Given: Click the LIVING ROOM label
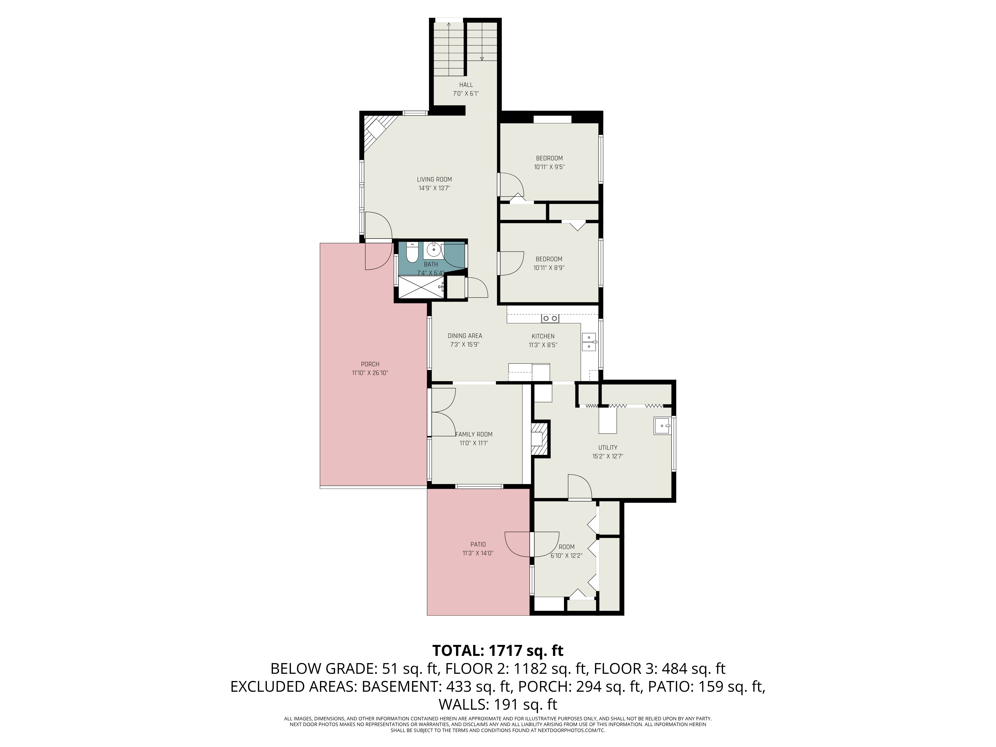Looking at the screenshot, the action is tap(434, 179).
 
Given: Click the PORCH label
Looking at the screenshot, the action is tap(370, 364).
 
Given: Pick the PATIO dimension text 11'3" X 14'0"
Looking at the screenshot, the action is tap(478, 553).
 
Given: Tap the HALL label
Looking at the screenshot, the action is tap(466, 85).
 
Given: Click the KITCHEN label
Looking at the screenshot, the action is tap(543, 336).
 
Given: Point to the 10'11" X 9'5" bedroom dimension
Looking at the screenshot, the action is tap(549, 167).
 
